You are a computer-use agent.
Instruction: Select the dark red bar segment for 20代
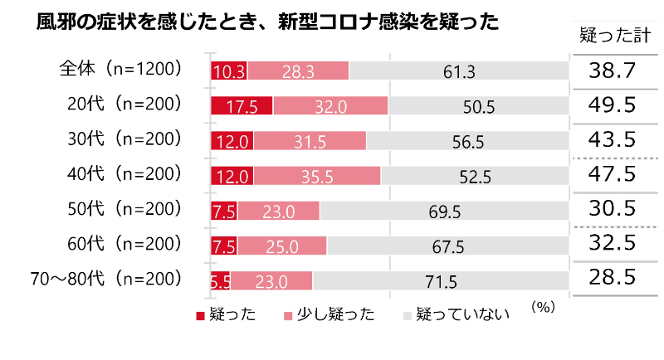click(242, 105)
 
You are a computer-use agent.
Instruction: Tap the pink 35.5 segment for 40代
click(317, 175)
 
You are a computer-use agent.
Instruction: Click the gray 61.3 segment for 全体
click(458, 71)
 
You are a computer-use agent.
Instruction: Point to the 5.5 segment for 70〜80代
click(220, 280)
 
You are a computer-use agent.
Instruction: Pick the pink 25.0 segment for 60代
click(282, 246)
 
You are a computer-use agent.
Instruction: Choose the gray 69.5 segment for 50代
click(445, 211)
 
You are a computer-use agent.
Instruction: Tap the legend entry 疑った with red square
click(225, 314)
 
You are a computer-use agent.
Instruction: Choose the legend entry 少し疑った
click(329, 314)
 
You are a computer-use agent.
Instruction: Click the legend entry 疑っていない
click(456, 314)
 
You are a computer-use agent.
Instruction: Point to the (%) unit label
click(541, 306)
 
